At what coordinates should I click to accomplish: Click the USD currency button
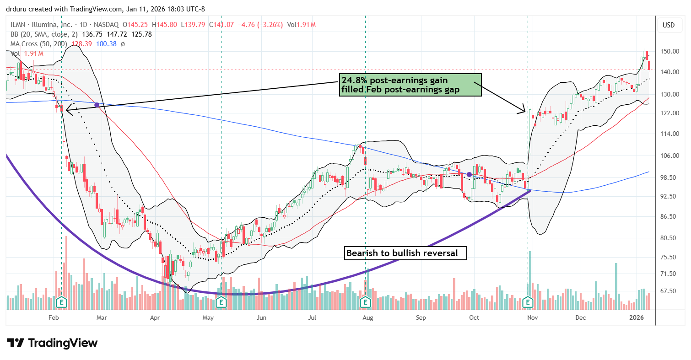pos(668,25)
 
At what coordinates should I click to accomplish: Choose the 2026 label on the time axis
pos(638,317)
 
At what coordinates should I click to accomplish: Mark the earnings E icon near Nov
pos(529,302)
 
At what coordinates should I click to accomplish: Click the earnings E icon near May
pos(221,302)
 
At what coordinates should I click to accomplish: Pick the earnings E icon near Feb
pos(62,302)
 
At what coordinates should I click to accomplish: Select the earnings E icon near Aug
pos(365,302)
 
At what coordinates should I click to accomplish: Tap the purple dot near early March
pos(97,105)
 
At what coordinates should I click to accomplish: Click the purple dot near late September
pos(469,174)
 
